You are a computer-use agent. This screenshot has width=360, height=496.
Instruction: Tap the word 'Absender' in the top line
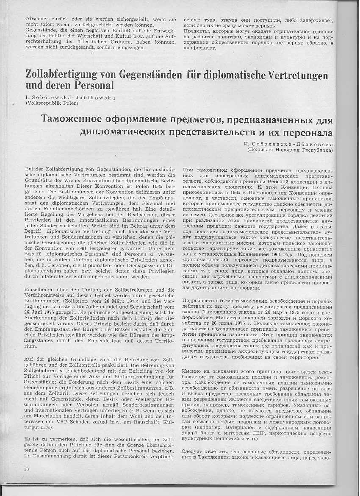37,20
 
